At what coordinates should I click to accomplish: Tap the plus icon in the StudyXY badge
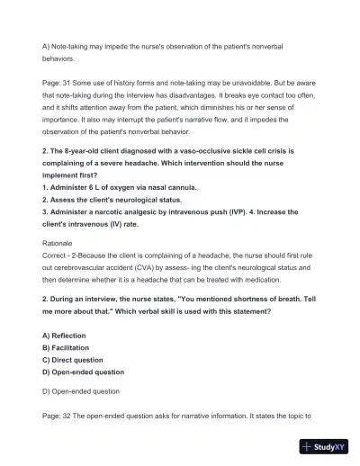(308, 447)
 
